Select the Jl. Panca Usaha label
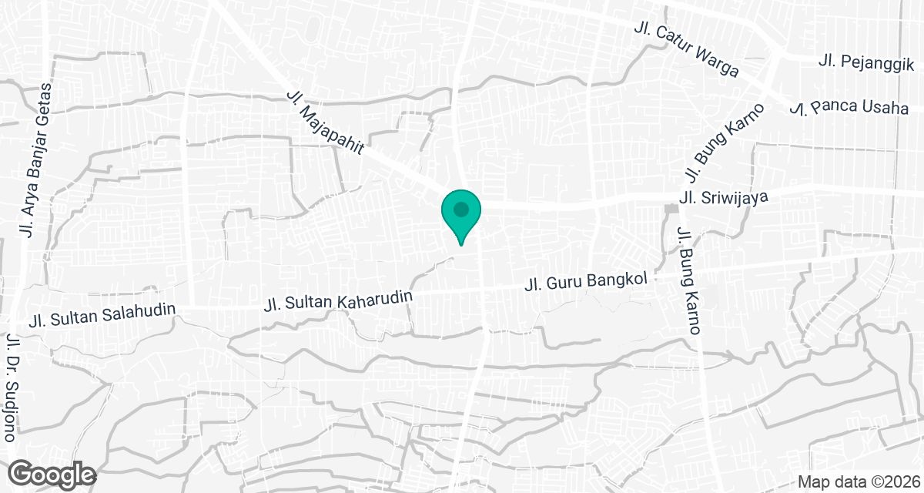click(x=849, y=108)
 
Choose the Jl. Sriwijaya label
click(x=725, y=199)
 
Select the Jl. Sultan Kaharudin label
click(x=339, y=299)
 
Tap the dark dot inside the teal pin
click(x=461, y=209)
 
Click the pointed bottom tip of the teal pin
click(x=461, y=244)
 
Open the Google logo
click(x=52, y=473)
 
